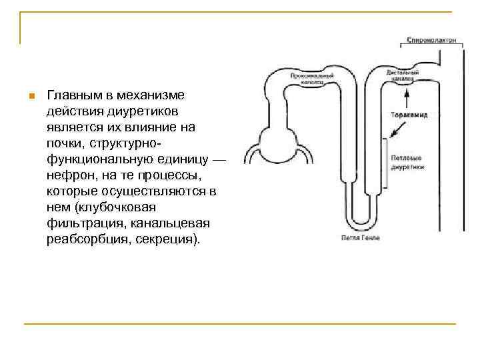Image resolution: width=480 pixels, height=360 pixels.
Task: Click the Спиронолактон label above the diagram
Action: pos(431,40)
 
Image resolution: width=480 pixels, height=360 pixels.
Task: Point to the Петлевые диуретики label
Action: pos(406,163)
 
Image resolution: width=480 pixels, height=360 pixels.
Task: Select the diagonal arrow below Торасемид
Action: pos(395,133)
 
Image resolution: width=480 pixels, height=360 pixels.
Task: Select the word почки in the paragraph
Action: pos(63,143)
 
